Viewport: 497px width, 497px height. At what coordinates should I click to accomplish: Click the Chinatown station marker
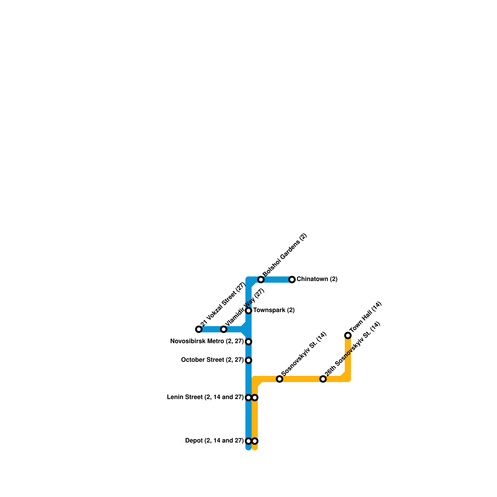[x=292, y=280]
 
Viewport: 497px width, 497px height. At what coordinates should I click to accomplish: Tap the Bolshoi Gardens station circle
[x=261, y=280]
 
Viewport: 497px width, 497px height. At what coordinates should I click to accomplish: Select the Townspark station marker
[x=248, y=311]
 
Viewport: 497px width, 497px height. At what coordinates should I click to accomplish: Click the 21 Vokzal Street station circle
[x=199, y=329]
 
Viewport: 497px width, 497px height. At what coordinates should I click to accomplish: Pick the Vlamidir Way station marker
[x=224, y=329]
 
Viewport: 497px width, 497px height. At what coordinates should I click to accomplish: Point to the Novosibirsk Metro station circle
[x=248, y=342]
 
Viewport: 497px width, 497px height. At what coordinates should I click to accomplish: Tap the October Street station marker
[x=248, y=360]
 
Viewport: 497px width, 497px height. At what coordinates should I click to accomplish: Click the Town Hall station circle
[x=348, y=335]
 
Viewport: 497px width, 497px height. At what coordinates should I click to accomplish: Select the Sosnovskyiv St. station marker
[x=280, y=379]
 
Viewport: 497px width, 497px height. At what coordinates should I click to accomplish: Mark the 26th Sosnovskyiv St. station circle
[x=323, y=379]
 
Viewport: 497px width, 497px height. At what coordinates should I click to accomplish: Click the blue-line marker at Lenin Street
[x=248, y=398]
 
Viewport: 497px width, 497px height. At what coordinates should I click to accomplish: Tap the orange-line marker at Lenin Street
[x=255, y=398]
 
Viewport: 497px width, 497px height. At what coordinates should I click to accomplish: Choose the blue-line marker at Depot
[x=248, y=441]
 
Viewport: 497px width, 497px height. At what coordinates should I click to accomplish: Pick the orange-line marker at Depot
[x=255, y=441]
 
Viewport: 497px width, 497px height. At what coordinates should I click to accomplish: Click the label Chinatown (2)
[x=317, y=279]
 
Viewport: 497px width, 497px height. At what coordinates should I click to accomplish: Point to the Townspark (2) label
[x=274, y=310]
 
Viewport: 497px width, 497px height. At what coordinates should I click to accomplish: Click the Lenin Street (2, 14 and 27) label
[x=205, y=397]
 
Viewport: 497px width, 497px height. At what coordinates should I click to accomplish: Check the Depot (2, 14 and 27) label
[x=214, y=441]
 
